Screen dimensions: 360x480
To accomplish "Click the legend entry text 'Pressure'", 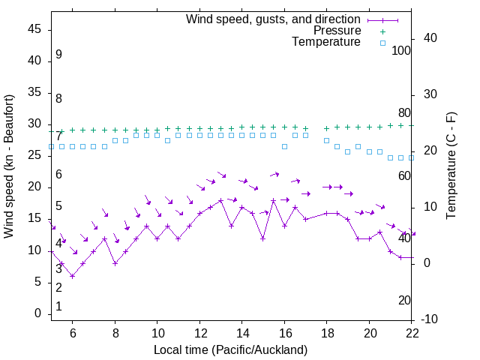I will point(337,31).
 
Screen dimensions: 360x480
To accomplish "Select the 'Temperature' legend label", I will point(326,43).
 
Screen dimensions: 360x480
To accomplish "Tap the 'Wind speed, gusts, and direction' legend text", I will point(273,19).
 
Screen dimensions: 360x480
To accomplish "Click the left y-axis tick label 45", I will point(34,29).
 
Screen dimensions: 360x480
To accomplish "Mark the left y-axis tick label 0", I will point(38,314).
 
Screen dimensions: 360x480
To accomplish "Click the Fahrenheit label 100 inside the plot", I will point(401,51).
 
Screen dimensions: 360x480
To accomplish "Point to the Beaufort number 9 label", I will point(58,55).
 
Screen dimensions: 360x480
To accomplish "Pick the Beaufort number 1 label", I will point(58,307).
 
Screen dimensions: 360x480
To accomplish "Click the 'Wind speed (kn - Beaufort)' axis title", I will point(9,166).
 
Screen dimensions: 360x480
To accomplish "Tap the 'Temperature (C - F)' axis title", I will point(451,166).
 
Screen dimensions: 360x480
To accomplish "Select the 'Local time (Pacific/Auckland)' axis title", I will point(230,350).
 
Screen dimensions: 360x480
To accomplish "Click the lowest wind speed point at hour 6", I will point(73,276).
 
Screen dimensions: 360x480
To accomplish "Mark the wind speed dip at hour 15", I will point(263,238).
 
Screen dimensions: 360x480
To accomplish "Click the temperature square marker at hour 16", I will point(284,146).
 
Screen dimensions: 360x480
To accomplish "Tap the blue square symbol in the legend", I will point(382,43).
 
